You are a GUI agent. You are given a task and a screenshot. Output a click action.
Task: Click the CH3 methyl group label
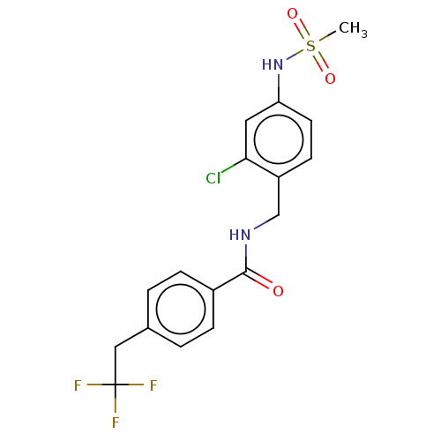[x=353, y=29]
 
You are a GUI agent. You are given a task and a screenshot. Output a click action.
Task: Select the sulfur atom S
[x=310, y=46]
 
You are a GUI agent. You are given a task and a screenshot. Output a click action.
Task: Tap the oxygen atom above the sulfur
[x=292, y=13]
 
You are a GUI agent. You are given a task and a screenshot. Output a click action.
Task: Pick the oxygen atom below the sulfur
[x=330, y=78]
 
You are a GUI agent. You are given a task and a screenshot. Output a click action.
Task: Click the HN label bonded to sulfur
[x=273, y=64]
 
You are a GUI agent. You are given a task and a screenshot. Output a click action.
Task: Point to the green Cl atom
[x=213, y=178]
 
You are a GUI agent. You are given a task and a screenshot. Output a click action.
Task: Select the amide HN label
[x=240, y=235]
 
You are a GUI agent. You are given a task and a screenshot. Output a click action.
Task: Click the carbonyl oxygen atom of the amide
[x=278, y=291]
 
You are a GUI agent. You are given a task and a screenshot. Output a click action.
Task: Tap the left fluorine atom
[x=78, y=385]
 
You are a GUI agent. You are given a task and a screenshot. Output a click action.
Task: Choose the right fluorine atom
[x=153, y=385]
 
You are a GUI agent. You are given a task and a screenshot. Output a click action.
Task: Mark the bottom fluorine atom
[x=116, y=422]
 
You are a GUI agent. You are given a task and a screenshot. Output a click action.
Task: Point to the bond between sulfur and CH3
[x=327, y=36]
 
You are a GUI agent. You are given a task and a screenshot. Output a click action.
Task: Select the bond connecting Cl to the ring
[x=234, y=166]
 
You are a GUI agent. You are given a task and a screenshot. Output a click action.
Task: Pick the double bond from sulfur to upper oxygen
[x=302, y=29]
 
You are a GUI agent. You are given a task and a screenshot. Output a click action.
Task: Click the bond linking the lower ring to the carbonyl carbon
[x=229, y=280]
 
